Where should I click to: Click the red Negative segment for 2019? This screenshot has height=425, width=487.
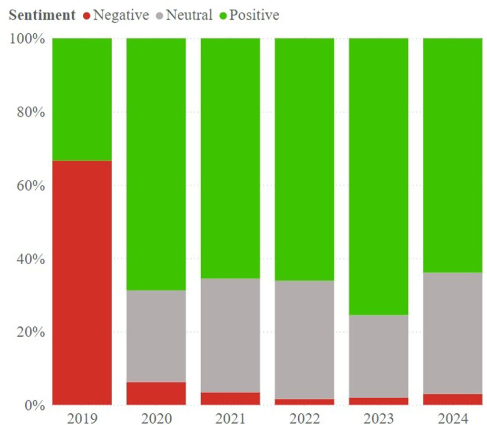[x=82, y=282]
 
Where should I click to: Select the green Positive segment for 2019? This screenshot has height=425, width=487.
[x=82, y=99]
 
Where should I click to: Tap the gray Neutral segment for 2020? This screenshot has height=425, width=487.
[x=156, y=336]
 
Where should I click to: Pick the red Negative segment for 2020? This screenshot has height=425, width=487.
[x=156, y=393]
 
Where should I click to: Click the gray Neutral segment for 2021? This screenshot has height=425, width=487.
[x=230, y=335]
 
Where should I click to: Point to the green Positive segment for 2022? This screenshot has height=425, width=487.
[x=304, y=159]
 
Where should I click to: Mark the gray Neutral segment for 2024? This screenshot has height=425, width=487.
[x=453, y=333]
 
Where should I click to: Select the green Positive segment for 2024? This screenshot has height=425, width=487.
[x=453, y=155]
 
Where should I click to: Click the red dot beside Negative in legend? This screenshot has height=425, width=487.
[x=86, y=16]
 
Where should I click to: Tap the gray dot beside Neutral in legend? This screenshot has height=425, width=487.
[x=159, y=16]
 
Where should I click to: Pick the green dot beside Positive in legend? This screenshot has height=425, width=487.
[x=223, y=16]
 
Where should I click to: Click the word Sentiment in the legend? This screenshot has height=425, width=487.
[x=42, y=15]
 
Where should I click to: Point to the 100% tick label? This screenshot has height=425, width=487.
[x=27, y=39]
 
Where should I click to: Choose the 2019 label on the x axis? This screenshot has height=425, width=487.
[x=82, y=418]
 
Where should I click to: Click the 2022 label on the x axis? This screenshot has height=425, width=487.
[x=304, y=418]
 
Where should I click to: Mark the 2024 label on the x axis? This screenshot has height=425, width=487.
[x=453, y=418]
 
